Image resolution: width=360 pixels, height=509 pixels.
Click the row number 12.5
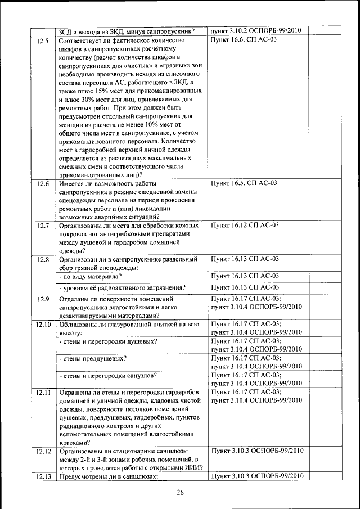pyautogui.click(x=43, y=41)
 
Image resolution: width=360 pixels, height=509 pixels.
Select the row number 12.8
pyautogui.click(x=43, y=259)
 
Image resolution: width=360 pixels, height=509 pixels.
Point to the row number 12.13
pyautogui.click(x=43, y=476)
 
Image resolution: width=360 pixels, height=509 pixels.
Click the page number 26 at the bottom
pyautogui.click(x=179, y=493)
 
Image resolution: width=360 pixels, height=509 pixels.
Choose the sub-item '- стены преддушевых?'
pyautogui.click(x=93, y=358)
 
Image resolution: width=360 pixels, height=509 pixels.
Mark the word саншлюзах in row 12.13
pyautogui.click(x=135, y=476)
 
